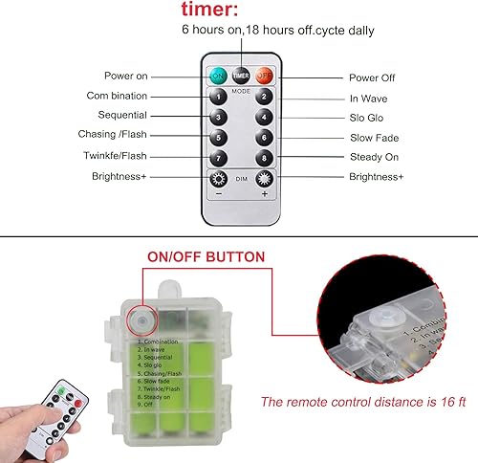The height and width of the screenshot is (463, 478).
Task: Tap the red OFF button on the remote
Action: (x=265, y=76)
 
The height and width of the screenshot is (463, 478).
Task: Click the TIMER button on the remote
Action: (x=241, y=76)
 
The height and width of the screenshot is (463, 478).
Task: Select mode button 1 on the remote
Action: (x=218, y=96)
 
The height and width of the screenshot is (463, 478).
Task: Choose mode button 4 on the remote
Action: (x=264, y=117)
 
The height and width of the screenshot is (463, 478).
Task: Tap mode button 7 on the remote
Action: (x=218, y=157)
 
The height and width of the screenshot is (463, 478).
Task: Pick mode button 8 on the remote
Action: (x=264, y=157)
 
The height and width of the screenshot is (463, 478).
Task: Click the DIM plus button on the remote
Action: (x=264, y=179)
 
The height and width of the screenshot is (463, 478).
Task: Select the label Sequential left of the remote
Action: (x=121, y=116)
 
